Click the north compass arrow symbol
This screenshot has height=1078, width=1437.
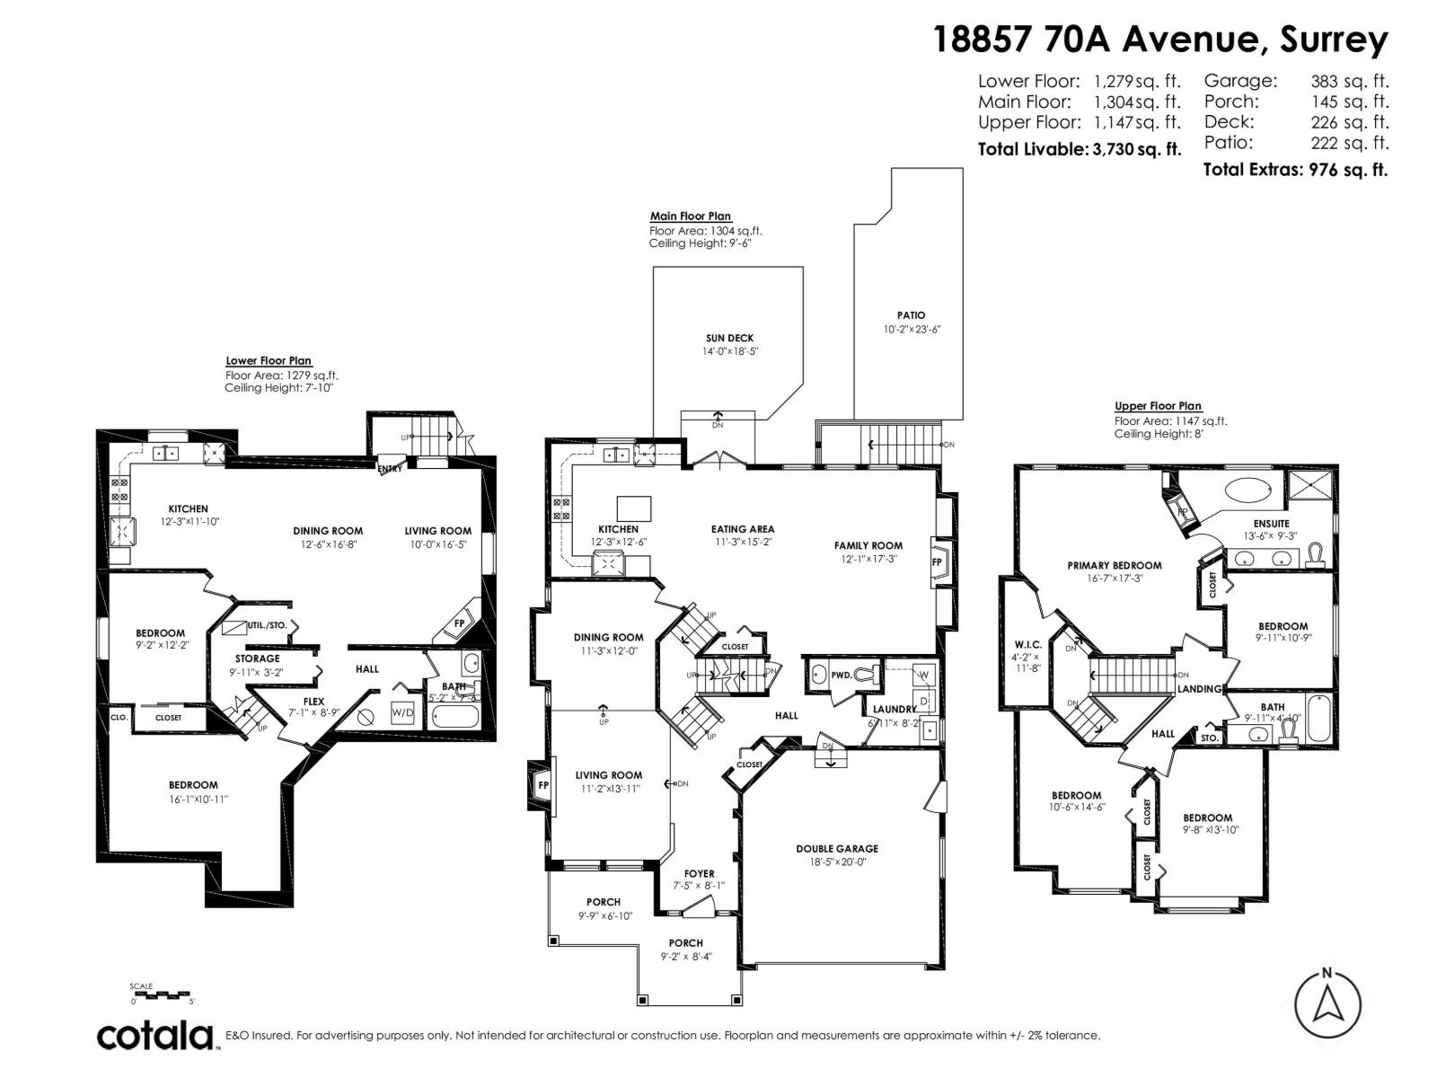(x=1327, y=1004)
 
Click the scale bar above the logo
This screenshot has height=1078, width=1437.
(x=162, y=994)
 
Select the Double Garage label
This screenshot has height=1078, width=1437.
(x=836, y=848)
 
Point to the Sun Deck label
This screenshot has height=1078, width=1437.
(x=729, y=339)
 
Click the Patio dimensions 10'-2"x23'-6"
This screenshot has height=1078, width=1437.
(x=911, y=330)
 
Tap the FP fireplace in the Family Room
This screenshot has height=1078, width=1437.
(x=937, y=562)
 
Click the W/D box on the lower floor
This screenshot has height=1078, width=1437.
(x=403, y=712)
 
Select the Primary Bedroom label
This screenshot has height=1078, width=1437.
(x=1114, y=566)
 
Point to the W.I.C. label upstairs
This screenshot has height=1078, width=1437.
(x=1027, y=643)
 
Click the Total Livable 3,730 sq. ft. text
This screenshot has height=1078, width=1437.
(x=1079, y=149)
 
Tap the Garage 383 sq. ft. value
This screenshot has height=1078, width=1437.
(x=1349, y=81)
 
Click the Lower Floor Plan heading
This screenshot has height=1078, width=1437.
(x=269, y=361)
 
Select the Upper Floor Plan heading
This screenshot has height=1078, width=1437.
(x=1158, y=406)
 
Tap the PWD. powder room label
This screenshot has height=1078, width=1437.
(x=842, y=674)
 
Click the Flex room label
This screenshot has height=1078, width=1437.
(x=313, y=702)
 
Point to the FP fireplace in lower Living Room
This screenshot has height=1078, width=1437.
(x=459, y=623)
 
